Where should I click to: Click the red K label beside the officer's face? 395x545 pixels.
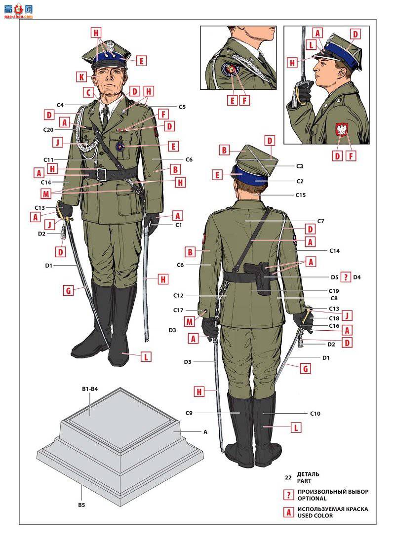[81, 77]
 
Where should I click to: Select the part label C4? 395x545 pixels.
[60, 105]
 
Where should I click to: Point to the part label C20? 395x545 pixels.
[48, 130]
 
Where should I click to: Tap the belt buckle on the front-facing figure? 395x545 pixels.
[101, 174]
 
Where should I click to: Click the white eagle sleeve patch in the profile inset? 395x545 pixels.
[342, 130]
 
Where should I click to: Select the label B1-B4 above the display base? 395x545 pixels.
[90, 389]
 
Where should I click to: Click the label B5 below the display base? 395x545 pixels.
[81, 505]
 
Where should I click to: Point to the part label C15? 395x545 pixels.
[300, 195]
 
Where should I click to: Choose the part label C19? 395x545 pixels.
[334, 291]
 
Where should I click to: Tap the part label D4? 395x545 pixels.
[357, 277]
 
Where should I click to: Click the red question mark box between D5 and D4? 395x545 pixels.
[346, 277]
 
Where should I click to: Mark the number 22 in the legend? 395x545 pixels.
[288, 477]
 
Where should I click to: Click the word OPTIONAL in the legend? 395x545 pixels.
[312, 498]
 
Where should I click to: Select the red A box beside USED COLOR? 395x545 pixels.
[288, 512]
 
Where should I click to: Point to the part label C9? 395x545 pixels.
[189, 413]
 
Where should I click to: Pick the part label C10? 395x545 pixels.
[315, 413]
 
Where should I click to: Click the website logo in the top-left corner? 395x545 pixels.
[18, 10]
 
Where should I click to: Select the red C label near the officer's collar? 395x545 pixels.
[88, 93]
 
